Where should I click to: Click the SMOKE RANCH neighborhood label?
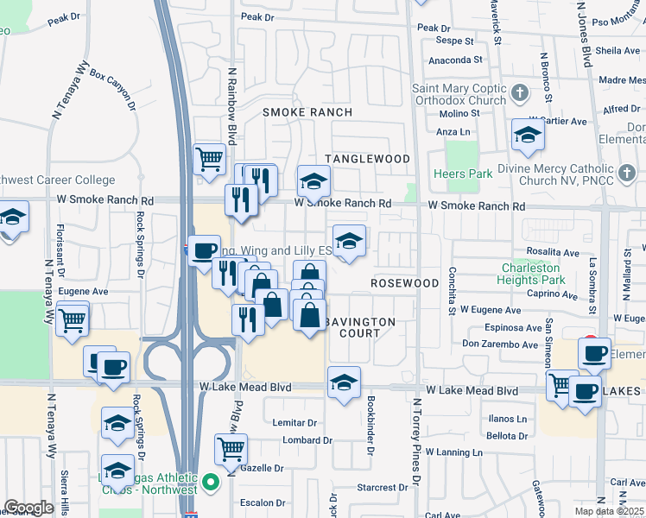(x=307, y=112)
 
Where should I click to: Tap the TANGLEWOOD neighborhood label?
(x=367, y=159)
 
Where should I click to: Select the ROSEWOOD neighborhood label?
(x=405, y=283)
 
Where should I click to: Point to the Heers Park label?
(x=466, y=174)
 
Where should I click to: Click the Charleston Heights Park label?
(x=532, y=274)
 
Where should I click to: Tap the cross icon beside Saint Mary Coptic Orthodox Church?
(x=519, y=92)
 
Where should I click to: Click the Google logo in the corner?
(x=28, y=508)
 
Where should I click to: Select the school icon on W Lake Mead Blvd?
(x=344, y=382)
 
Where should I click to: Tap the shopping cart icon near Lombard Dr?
(x=231, y=448)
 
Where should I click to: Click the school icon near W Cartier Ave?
(x=527, y=135)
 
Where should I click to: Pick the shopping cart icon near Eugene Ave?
(x=73, y=319)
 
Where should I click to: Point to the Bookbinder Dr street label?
(x=370, y=426)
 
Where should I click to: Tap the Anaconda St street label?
(x=455, y=60)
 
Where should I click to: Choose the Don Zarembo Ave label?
(x=500, y=344)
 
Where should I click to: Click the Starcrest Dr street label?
(x=377, y=487)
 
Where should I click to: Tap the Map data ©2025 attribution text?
(x=609, y=511)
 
